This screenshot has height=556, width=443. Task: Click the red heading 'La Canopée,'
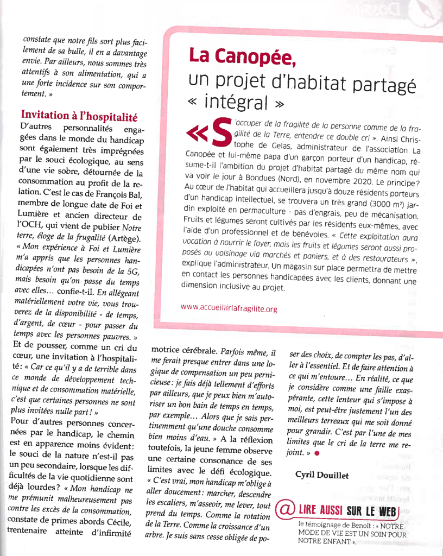pyautogui.click(x=242, y=56)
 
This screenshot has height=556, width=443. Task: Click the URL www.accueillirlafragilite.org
pyautogui.click(x=229, y=308)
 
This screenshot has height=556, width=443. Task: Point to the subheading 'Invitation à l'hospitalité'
pyautogui.click(x=79, y=115)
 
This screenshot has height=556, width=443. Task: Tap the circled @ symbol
pyautogui.click(x=285, y=509)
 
